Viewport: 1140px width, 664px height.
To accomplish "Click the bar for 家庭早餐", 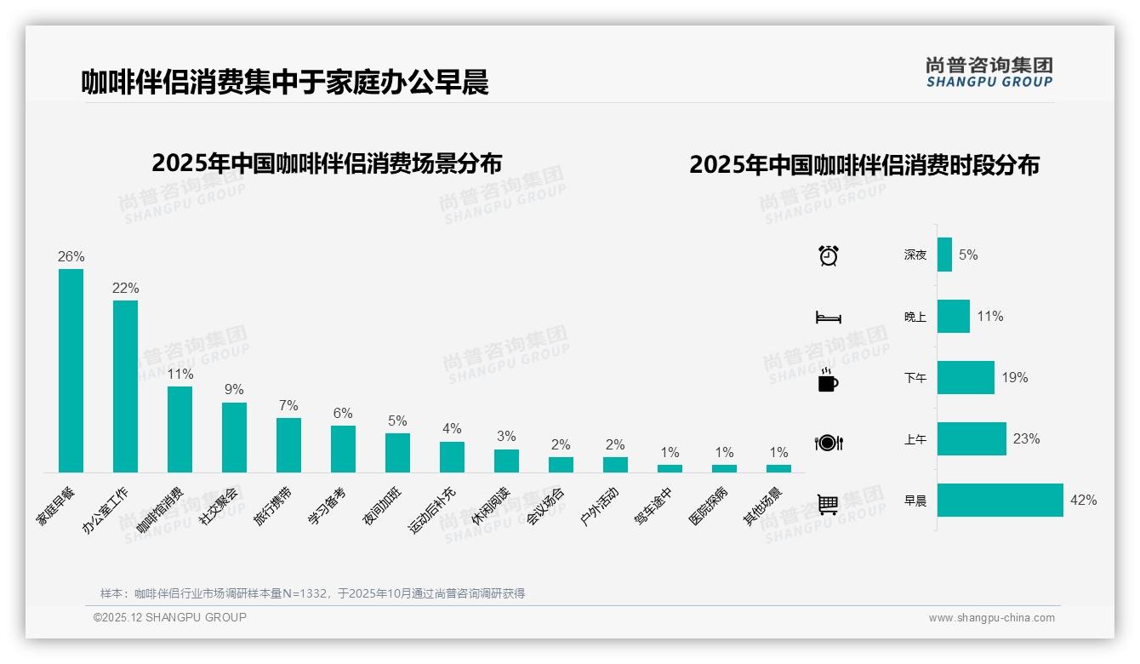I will coord(71,370).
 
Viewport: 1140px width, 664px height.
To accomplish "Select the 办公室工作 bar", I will coord(125,386).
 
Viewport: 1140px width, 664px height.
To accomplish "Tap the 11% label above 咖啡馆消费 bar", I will coord(180,374).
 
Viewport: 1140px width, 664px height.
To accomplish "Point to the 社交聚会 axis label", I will coord(219,507).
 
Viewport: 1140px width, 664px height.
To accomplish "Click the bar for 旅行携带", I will coord(288,444).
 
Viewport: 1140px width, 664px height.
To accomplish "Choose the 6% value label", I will coord(343,413).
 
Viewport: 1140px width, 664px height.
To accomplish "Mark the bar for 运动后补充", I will coord(452,456).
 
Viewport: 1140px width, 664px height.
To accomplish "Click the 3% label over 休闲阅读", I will coord(506,436).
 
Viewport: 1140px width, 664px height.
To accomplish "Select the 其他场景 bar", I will coord(778,468).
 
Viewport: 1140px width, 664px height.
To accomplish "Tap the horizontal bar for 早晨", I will coord(1000,500).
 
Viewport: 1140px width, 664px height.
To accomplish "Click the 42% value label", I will coord(1083,500).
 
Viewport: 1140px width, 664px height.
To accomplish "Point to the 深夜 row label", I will coord(915,255).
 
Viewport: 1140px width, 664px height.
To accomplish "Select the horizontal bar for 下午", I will coord(966,377).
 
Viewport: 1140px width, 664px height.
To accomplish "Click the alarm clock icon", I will coord(829,255).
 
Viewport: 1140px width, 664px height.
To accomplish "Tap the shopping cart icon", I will coord(828,504).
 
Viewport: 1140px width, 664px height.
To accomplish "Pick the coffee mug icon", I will coord(828,381).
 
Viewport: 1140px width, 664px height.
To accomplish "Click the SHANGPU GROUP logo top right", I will coord(989,72).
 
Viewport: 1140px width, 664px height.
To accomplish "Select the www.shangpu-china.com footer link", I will coord(991,618).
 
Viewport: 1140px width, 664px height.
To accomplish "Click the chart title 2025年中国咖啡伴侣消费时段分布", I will coord(864,164).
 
